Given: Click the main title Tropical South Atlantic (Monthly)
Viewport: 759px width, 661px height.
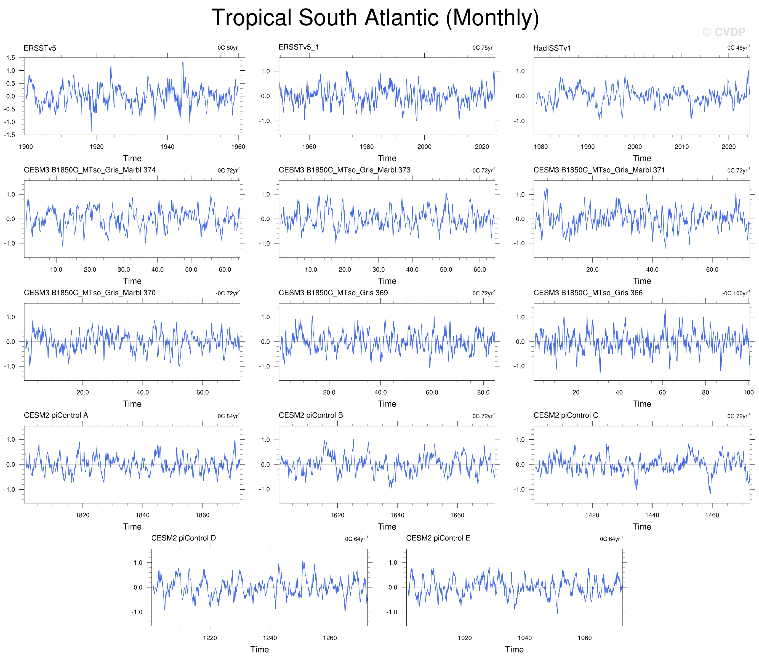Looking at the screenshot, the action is pos(375,18).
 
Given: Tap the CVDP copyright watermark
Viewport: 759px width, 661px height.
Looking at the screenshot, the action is pos(724,32).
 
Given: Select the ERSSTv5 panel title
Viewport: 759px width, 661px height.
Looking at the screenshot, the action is pos(40,48).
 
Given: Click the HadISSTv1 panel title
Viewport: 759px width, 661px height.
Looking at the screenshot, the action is pos(552,48).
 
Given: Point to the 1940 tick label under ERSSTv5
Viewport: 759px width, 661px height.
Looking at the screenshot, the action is pos(167,147).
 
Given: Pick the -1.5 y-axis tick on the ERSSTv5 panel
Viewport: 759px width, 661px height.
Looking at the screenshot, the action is pos(10,135).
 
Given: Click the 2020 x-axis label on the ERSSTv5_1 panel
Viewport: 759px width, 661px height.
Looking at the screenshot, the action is pos(482,147).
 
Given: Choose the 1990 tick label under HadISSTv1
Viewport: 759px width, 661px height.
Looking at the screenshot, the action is pos(587,147).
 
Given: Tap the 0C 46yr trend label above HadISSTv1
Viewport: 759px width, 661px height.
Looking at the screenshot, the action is pos(738,47).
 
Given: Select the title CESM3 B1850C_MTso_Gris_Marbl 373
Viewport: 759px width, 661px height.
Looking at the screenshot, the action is pos(345,170).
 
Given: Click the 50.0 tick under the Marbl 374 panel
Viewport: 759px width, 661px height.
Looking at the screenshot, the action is pos(191,270).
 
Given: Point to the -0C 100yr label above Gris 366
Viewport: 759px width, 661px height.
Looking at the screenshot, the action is pos(736,293).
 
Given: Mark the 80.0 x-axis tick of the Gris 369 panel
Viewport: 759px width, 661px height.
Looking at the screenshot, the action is pos(483,392).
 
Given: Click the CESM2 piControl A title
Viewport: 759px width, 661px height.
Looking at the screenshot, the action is pos(56,415).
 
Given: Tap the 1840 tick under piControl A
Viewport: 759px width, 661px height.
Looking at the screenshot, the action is pos(142,515).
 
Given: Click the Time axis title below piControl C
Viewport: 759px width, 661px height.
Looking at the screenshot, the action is pos(642,527).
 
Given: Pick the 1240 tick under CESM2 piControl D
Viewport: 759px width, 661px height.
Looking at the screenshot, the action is pos(270,638).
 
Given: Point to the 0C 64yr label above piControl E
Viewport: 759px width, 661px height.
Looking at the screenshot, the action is pos(611,539).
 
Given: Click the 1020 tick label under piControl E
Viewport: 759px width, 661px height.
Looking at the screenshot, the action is pos(465,638).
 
